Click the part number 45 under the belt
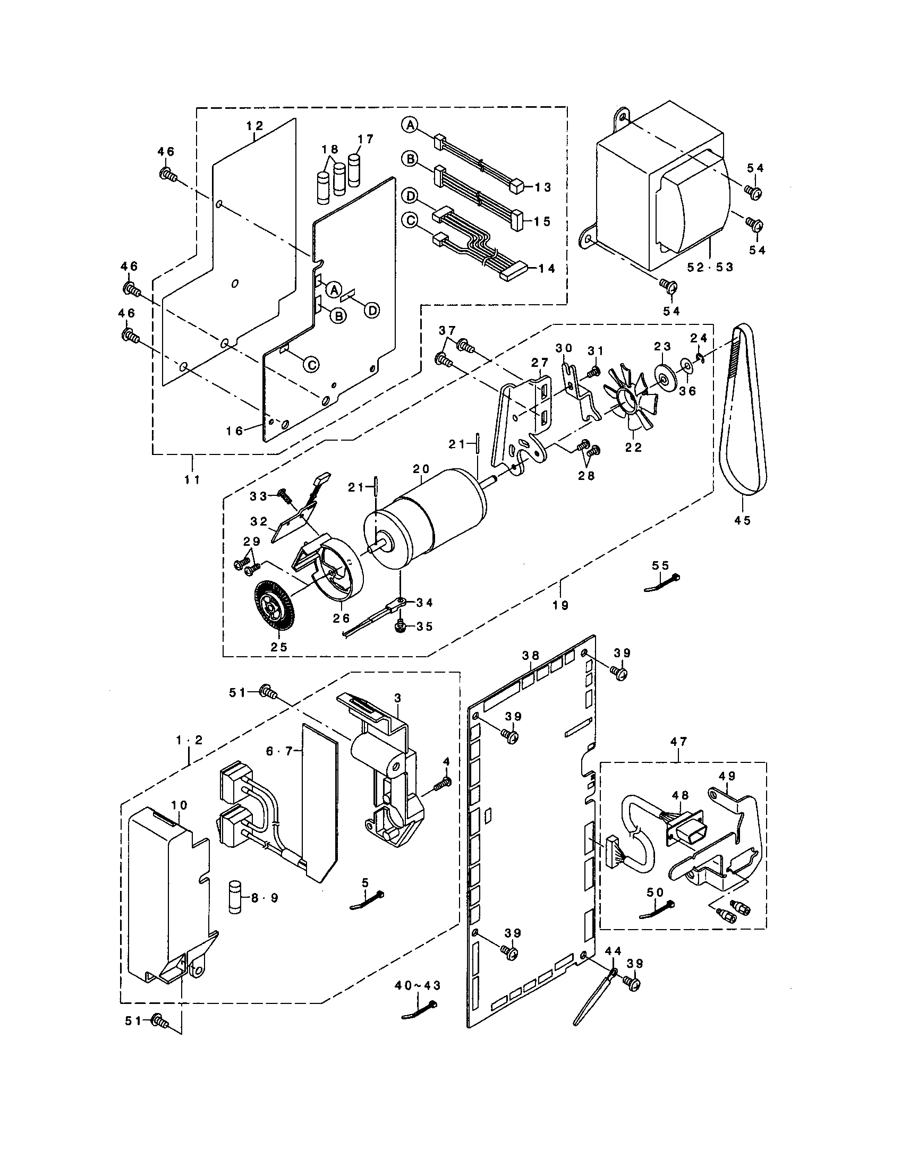(x=743, y=520)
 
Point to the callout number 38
(x=531, y=656)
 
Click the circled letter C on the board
(x=311, y=364)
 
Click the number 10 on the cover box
(x=178, y=820)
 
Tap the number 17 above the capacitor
(x=365, y=140)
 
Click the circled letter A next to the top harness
(x=409, y=125)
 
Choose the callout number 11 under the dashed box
(x=192, y=480)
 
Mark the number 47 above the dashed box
(x=679, y=741)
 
